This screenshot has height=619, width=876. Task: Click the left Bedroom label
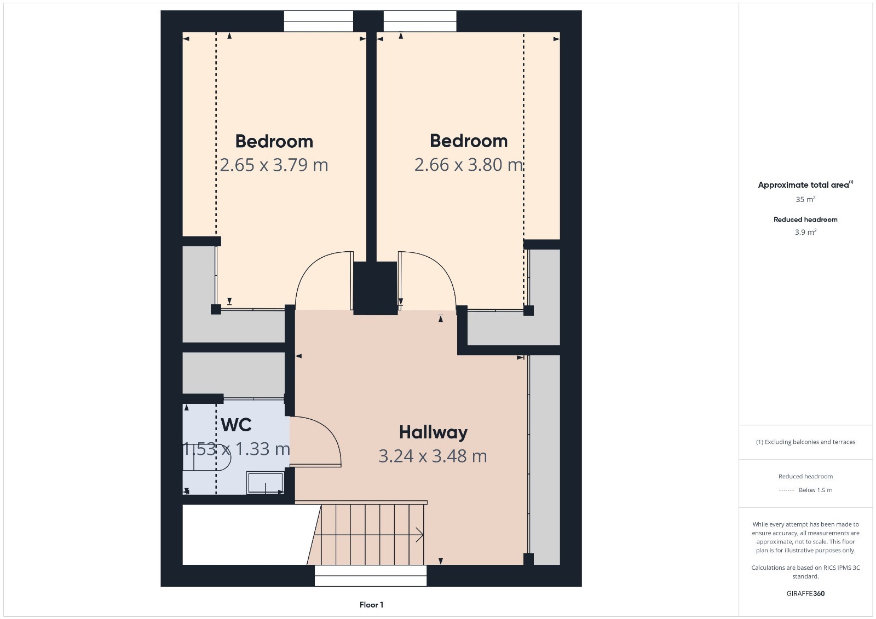click(x=274, y=141)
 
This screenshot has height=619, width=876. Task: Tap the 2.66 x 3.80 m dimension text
click(x=469, y=165)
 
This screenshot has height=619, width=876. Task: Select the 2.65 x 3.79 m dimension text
click(x=274, y=165)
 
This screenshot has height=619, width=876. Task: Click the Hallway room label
click(x=433, y=432)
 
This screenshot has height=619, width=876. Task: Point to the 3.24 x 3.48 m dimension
click(x=433, y=456)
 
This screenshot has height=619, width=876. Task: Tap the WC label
click(x=236, y=425)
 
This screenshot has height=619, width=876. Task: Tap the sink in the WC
click(x=265, y=483)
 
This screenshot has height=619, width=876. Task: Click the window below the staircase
click(x=370, y=576)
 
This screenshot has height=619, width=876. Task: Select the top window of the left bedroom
click(x=318, y=21)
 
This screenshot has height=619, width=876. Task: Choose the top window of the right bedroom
click(x=419, y=21)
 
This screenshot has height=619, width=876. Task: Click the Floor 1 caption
click(x=372, y=605)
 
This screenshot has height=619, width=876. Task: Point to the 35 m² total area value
click(x=805, y=199)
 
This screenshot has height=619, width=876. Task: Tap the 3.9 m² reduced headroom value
click(x=805, y=232)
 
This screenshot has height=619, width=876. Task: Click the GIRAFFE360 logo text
click(x=805, y=594)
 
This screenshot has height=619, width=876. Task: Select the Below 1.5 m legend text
click(x=815, y=490)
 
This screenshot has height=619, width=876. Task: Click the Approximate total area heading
click(x=805, y=184)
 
